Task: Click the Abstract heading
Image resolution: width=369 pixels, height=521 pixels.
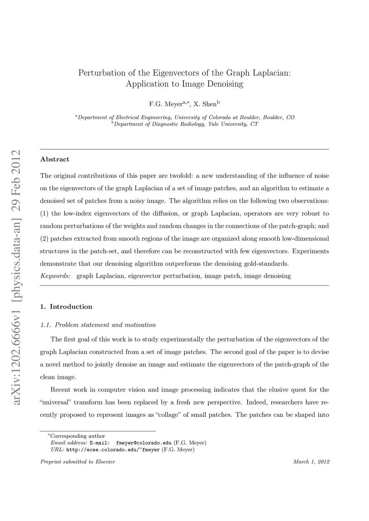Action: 55,159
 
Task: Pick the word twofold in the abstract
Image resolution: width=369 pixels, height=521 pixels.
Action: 182,176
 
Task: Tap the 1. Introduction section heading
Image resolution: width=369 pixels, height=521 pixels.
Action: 66,307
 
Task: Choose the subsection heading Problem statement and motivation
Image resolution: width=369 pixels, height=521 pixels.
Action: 105,325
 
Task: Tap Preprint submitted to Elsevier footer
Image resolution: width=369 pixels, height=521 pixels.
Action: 77,462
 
